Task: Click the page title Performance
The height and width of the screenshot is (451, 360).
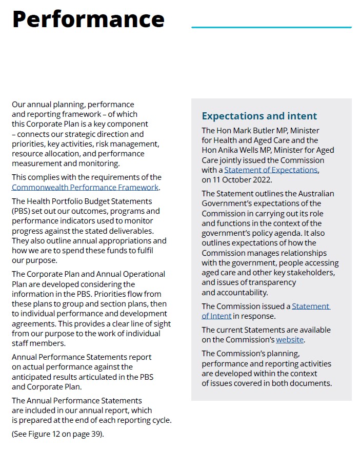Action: click(88, 19)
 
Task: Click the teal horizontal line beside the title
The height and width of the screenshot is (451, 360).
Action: click(271, 27)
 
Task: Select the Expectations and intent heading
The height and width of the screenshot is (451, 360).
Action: click(259, 116)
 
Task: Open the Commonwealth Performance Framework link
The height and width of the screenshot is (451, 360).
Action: click(85, 188)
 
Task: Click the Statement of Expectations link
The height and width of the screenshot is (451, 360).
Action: click(271, 170)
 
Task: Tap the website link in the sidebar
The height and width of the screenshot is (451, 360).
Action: click(290, 340)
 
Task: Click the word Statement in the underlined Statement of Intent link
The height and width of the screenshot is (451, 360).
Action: click(310, 306)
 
